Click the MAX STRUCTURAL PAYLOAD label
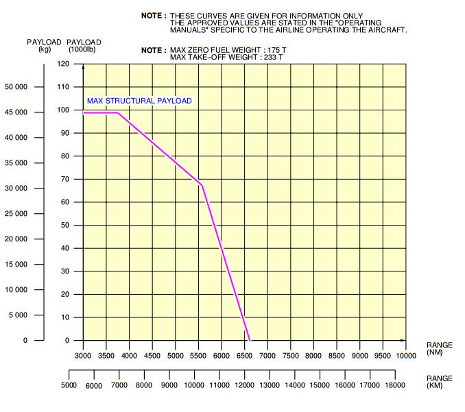pos(139,101)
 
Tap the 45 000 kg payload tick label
pos(16,112)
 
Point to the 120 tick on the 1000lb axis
pos(63,64)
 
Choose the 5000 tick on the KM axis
pos(69,385)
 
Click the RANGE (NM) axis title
pos(439,349)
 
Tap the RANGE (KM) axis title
pos(439,381)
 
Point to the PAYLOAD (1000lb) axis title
pos(84,45)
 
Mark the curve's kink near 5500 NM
pos(202,184)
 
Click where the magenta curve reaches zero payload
pos(250,340)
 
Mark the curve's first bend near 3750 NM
pos(118,113)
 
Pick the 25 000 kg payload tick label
pos(16,214)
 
